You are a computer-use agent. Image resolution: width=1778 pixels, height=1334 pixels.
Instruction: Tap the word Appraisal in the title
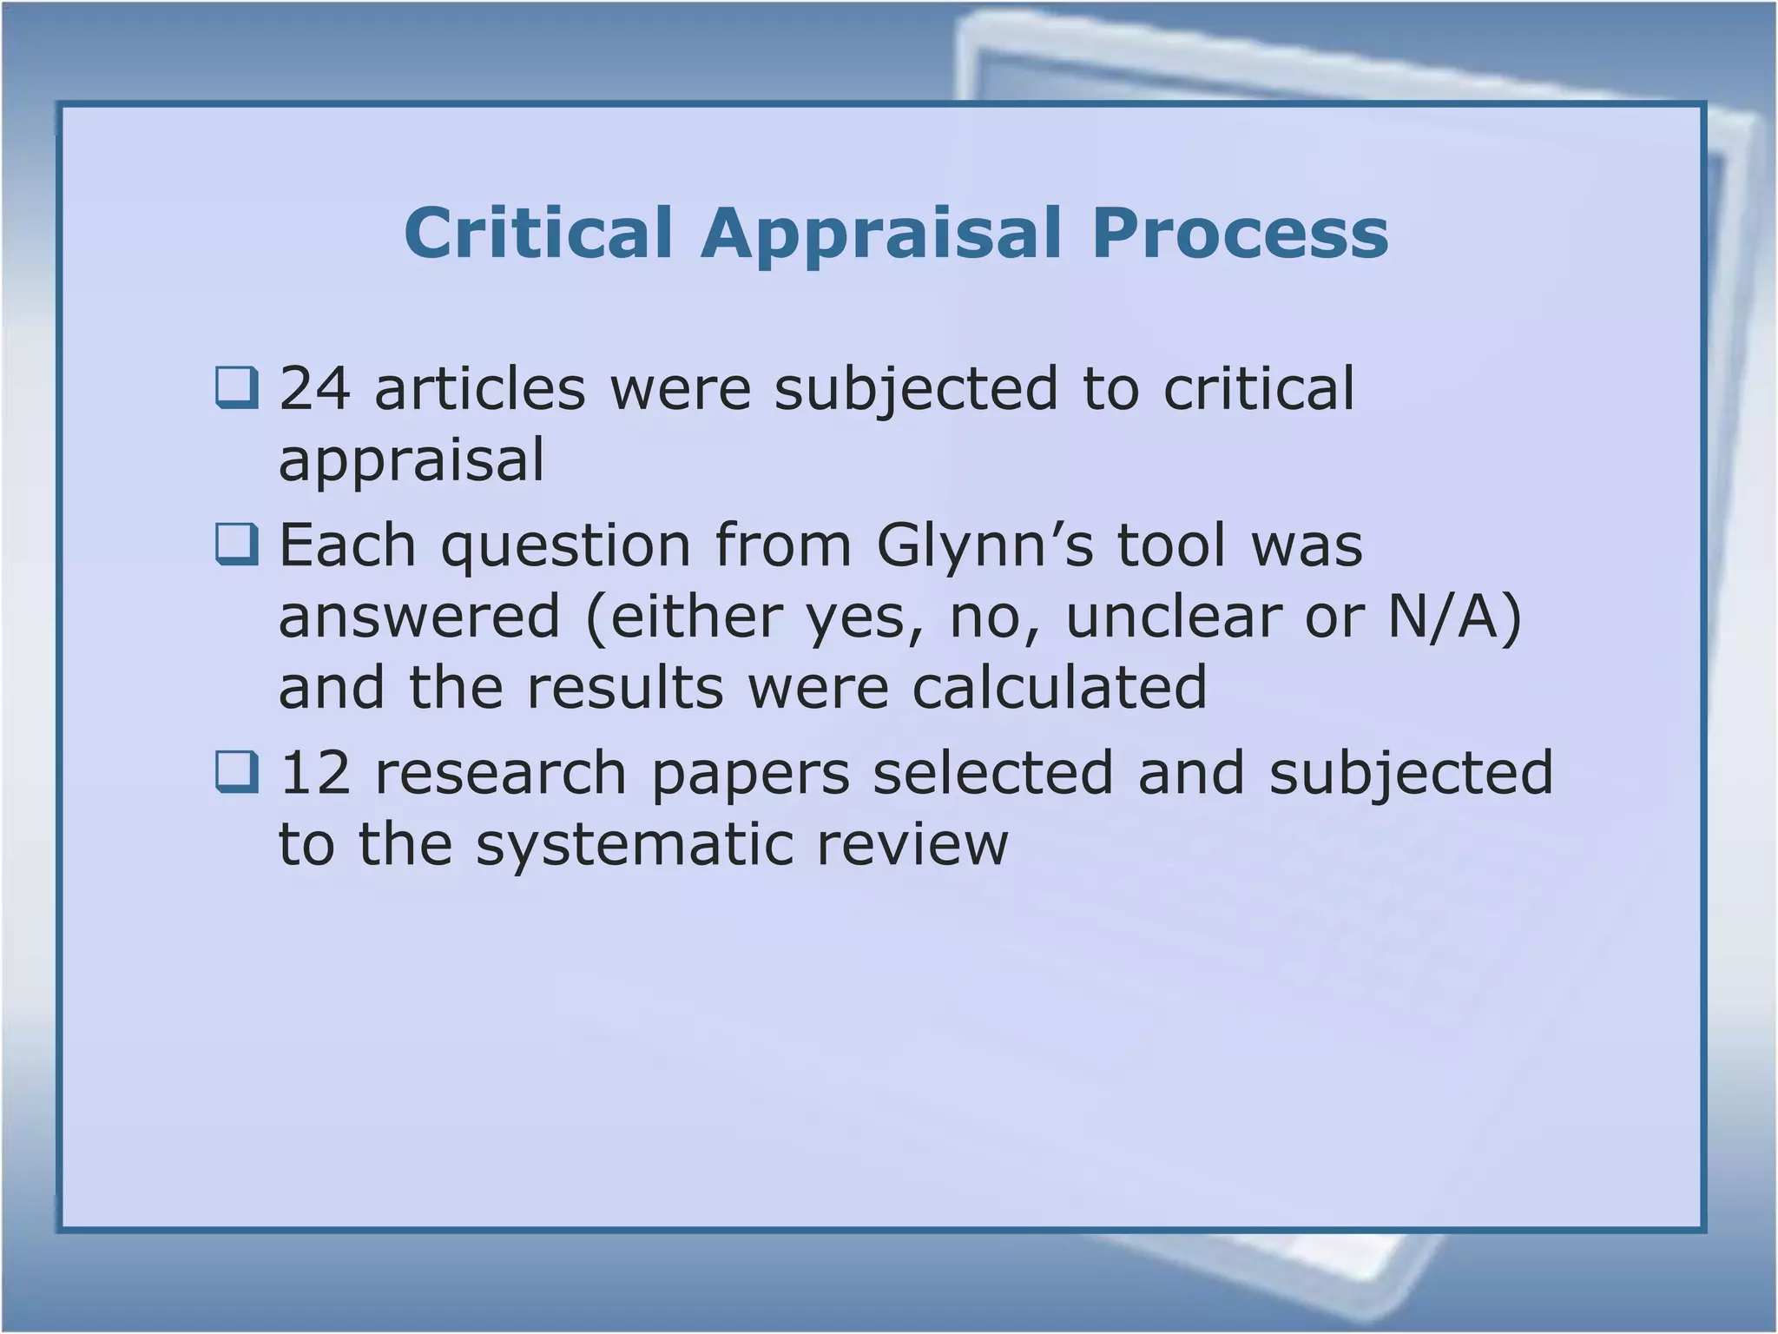(881, 234)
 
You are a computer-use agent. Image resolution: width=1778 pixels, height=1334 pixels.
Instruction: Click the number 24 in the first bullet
(314, 388)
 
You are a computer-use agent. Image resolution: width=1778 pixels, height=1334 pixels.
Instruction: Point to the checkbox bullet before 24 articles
(236, 387)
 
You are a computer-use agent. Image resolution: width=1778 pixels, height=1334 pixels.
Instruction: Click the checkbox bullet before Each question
(236, 545)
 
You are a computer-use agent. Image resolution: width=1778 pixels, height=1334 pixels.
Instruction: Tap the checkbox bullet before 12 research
(236, 772)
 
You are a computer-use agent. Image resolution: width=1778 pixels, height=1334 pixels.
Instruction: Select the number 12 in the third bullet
(314, 772)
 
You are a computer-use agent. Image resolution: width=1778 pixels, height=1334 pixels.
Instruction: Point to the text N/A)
(1455, 617)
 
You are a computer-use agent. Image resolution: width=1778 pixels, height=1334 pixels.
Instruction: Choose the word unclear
(1173, 616)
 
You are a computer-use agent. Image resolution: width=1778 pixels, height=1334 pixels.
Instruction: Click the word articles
(480, 388)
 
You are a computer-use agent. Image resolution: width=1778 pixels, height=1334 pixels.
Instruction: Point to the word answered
(419, 616)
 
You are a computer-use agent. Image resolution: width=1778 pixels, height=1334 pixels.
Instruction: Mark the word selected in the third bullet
(992, 772)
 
